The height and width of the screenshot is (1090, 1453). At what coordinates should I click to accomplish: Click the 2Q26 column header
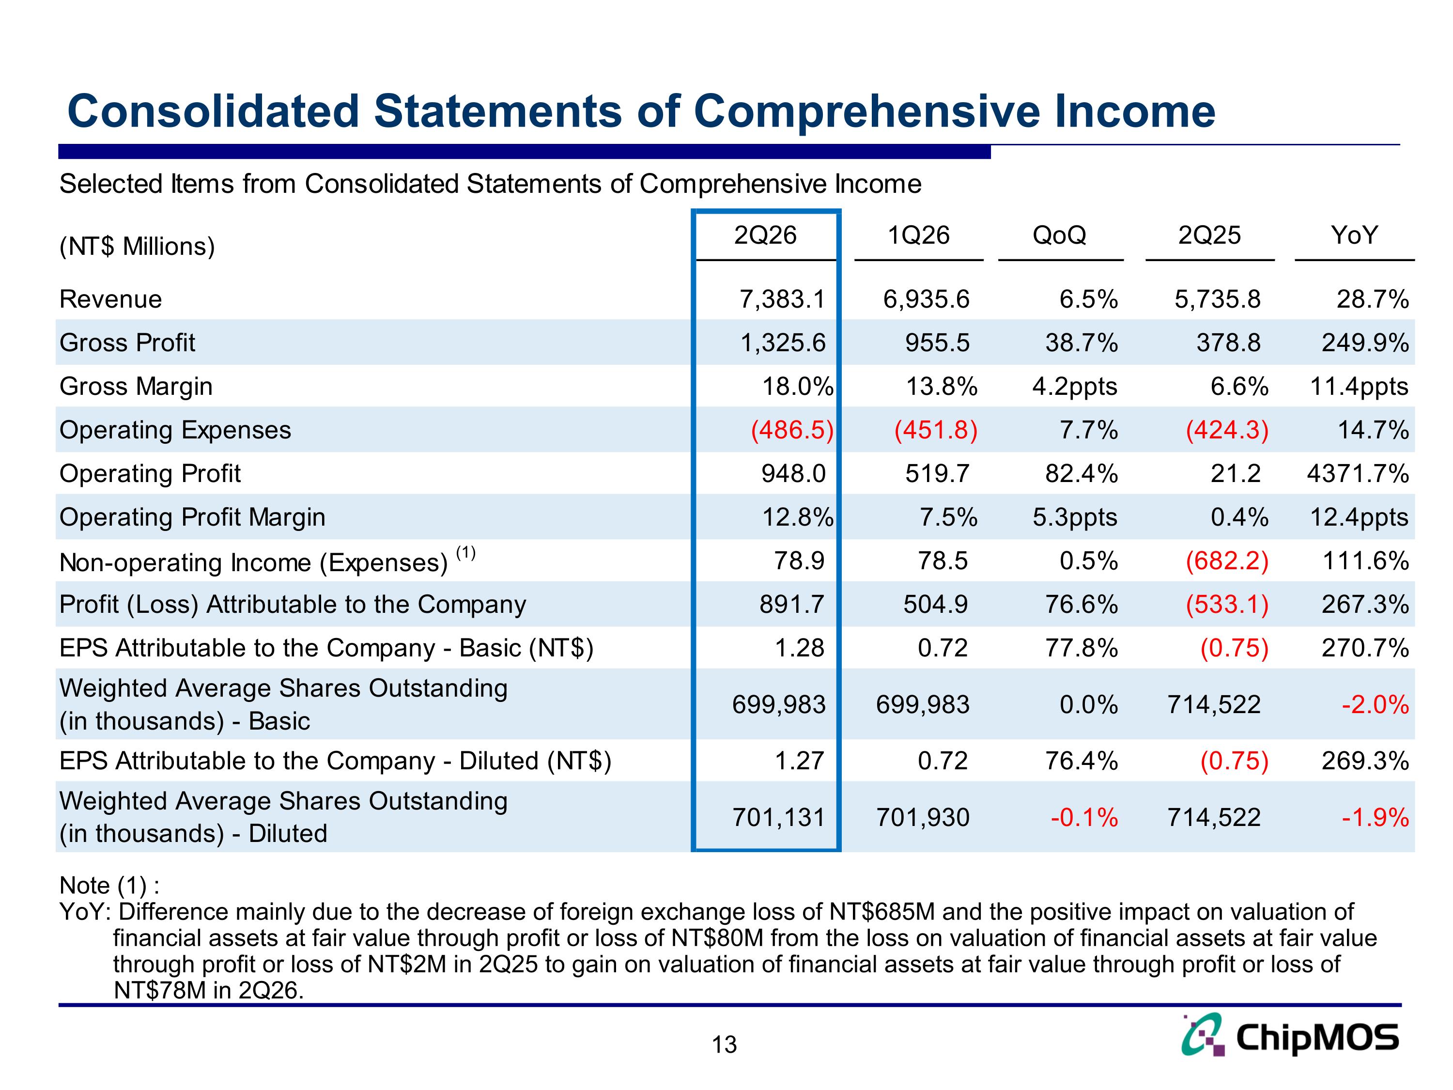pos(765,235)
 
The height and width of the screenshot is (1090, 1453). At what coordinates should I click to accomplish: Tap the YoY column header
pos(1354,235)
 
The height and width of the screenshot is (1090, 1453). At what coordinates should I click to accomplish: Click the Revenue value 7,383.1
pos(782,299)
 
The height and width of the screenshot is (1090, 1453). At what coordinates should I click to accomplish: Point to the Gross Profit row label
pos(127,343)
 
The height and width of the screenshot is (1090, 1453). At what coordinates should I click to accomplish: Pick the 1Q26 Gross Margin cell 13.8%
pos(941,386)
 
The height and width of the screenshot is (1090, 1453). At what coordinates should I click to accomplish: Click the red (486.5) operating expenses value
pos(792,430)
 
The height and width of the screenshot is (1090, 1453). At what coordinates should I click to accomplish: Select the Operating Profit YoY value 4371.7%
pos(1358,473)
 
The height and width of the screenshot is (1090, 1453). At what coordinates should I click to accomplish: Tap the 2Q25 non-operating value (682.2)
pos(1227,561)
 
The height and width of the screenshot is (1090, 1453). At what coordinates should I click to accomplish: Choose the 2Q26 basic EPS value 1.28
pos(800,648)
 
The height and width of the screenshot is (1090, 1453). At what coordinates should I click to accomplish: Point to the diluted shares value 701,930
pos(923,817)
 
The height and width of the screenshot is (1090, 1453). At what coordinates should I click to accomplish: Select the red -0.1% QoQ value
pos(1084,817)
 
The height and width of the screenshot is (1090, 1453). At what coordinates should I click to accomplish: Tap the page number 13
pos(725,1044)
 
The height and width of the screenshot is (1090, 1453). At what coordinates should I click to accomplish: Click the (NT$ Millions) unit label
pos(137,247)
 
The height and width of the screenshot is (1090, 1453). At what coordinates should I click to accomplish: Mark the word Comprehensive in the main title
pos(867,112)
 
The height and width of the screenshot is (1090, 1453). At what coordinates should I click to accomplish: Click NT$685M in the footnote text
pos(881,912)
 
